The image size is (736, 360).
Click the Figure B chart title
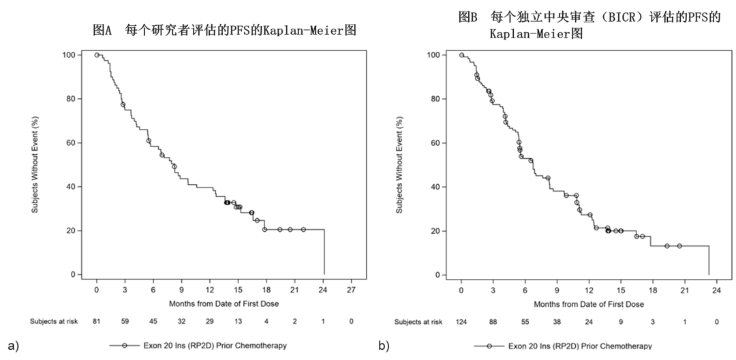coord(589,25)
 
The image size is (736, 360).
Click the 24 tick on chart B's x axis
coord(716,290)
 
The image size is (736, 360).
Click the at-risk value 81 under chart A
coord(97,321)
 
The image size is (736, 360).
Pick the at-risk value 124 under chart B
coord(461,321)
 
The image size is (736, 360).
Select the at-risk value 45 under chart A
coord(153,321)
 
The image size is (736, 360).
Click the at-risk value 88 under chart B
coord(493,321)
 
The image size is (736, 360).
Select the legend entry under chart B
coord(563,346)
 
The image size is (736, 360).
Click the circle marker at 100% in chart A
coord(97,55)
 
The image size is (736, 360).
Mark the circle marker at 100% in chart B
coord(461,55)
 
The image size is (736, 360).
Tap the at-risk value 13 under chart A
coord(237,321)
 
